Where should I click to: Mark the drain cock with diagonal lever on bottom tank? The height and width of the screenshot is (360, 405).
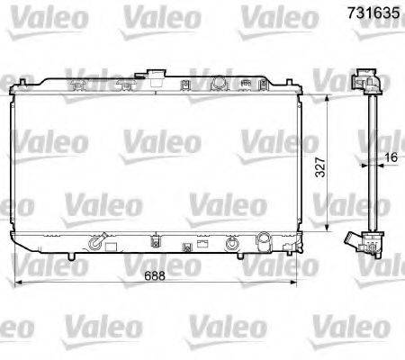[x=98, y=241]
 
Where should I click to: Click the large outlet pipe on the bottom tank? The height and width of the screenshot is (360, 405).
[x=264, y=240]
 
